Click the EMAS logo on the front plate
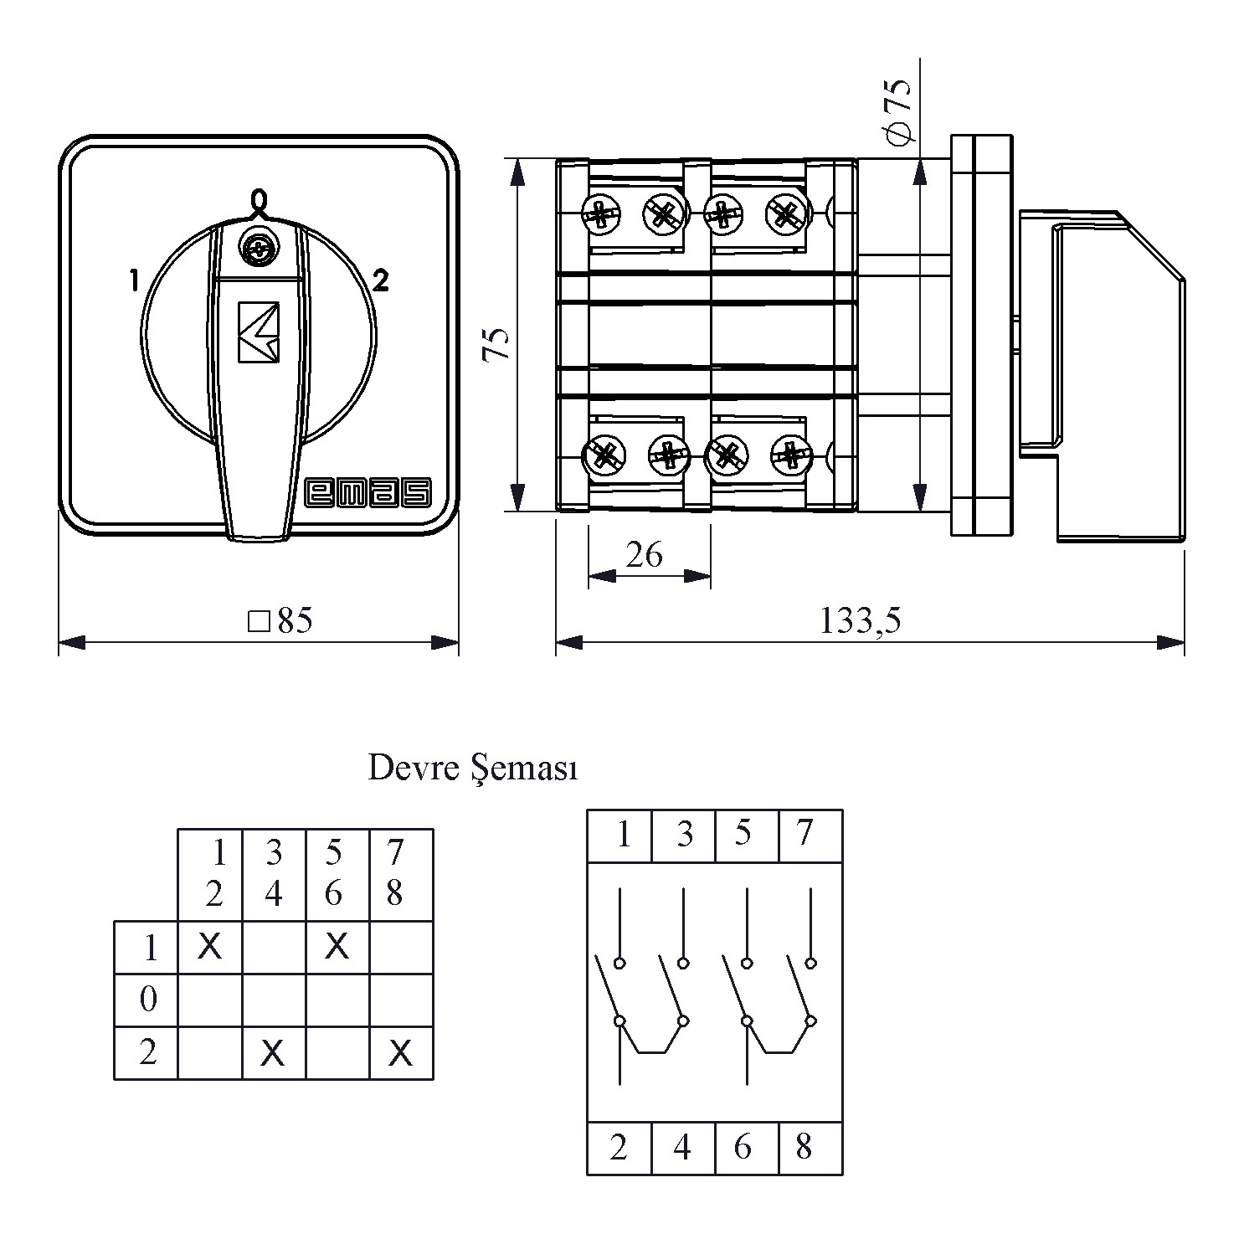click(368, 493)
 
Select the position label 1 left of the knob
click(134, 280)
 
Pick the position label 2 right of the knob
click(380, 281)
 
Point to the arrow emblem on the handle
click(259, 332)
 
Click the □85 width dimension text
click(280, 620)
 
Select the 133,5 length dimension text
click(860, 620)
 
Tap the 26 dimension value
click(644, 554)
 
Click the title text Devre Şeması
click(473, 769)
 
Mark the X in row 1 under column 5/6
click(337, 947)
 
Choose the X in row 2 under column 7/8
click(401, 1053)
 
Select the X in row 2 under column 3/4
click(273, 1053)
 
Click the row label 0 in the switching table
click(148, 1000)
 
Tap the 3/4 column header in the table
click(274, 873)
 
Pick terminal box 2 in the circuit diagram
click(619, 1148)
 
